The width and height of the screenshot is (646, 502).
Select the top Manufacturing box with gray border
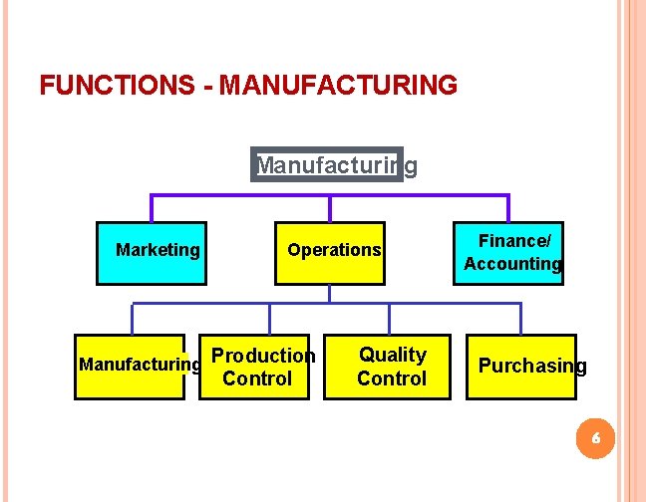(329, 163)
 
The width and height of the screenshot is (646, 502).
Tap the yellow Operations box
(329, 252)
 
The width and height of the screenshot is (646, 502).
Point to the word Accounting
(512, 264)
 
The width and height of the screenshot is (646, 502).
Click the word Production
(264, 356)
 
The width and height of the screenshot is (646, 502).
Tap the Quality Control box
(392, 367)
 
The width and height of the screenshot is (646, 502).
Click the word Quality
(393, 355)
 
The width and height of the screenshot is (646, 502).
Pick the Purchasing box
(520, 367)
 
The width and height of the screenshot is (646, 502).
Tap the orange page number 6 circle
(595, 438)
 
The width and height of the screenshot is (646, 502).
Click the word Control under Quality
(392, 378)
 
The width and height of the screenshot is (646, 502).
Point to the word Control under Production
(257, 378)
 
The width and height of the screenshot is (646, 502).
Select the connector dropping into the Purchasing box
(520, 319)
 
